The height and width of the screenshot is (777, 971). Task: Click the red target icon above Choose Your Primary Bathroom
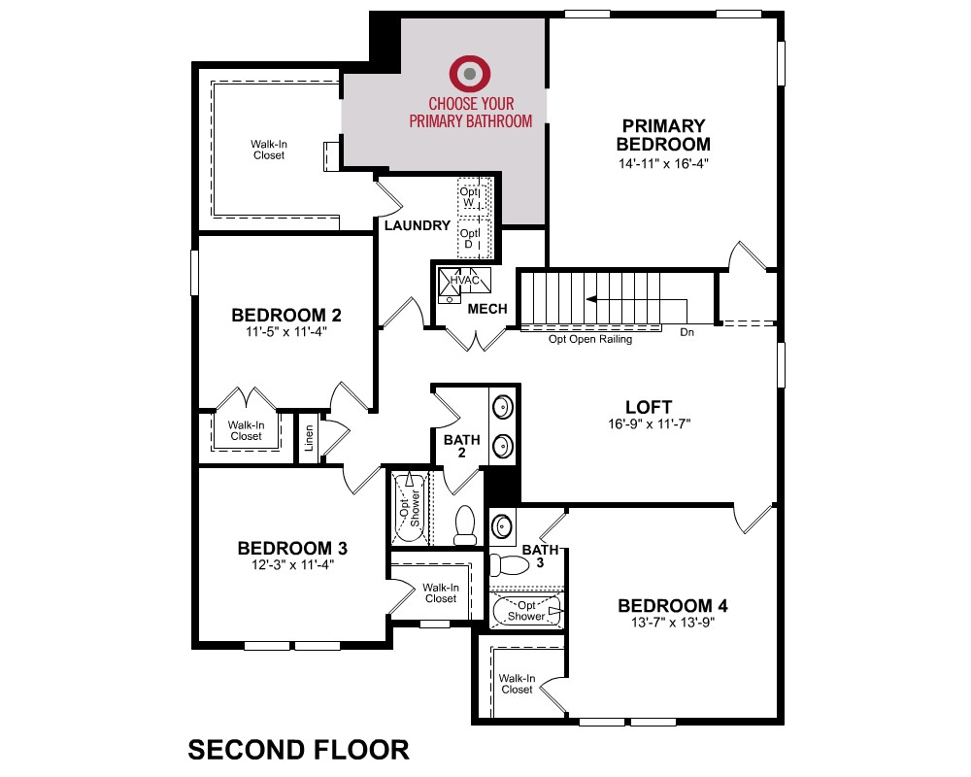point(470,73)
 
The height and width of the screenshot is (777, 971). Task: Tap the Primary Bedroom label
point(663,135)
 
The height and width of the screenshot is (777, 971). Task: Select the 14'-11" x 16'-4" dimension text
point(663,163)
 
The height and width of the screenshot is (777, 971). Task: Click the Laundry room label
point(417,225)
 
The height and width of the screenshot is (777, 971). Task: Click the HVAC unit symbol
point(464,280)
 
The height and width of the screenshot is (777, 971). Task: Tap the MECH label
point(487,309)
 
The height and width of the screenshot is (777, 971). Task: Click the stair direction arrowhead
point(591,299)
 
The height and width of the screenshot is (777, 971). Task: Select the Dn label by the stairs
point(686,332)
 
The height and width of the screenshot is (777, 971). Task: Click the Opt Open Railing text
point(590,339)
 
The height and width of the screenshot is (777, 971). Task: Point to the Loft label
point(649,407)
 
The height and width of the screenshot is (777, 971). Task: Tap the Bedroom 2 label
point(286,315)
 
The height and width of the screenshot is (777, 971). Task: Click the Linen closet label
point(309,437)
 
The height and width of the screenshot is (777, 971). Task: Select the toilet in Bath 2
point(465,524)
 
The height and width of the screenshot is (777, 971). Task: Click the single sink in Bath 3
point(501,526)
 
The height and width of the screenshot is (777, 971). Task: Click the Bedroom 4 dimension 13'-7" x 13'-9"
point(673,623)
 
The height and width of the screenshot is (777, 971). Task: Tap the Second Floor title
point(298,750)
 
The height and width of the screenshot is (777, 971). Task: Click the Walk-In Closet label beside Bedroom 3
point(440,593)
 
